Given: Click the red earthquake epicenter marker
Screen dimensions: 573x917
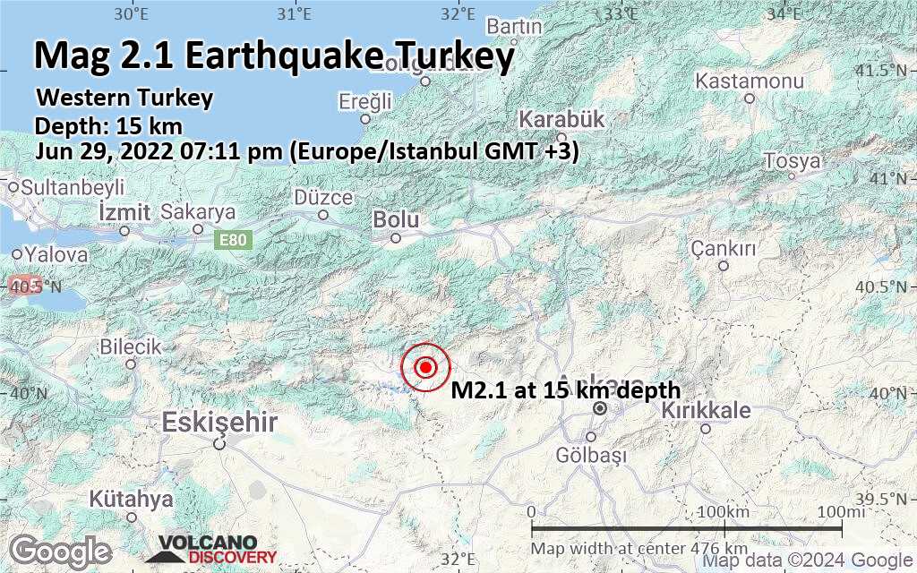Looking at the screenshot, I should click(x=426, y=367).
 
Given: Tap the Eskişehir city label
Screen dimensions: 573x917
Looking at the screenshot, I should click(x=220, y=422).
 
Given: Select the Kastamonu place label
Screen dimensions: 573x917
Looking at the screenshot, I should click(x=750, y=81).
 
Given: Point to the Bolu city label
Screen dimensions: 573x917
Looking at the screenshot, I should click(x=396, y=218).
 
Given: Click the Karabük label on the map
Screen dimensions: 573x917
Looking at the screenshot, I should click(x=561, y=119).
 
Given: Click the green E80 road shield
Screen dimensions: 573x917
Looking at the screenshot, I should click(x=235, y=240).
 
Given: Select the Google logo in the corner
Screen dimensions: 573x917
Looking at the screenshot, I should click(x=61, y=551).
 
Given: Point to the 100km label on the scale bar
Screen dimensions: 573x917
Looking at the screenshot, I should click(x=723, y=511).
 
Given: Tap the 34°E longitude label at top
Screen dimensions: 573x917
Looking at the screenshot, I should click(x=784, y=13).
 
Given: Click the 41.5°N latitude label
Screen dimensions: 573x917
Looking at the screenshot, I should click(x=888, y=71).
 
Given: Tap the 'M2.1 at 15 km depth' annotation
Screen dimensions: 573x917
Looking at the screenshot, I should click(x=565, y=390).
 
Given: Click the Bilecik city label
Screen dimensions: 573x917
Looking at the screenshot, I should click(x=130, y=346).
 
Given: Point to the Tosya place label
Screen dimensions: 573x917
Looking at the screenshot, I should click(x=792, y=162).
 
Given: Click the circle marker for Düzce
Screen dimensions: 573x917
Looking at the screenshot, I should click(x=323, y=214).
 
